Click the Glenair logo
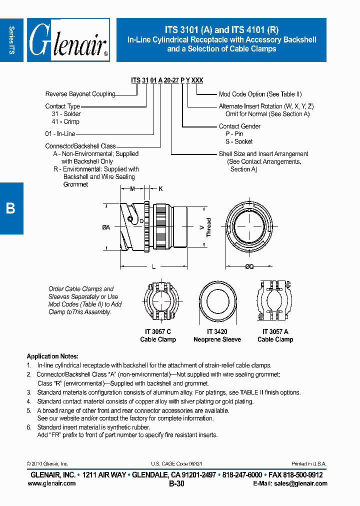click(x=68, y=40)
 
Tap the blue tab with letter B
click(x=11, y=208)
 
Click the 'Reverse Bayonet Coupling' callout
click(x=80, y=94)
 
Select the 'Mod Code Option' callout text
click(x=260, y=94)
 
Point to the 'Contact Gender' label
click(x=239, y=126)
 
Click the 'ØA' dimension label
click(x=106, y=227)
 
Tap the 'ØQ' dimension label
click(x=249, y=267)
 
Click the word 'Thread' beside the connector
click(x=209, y=227)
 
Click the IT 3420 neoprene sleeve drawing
click(x=217, y=302)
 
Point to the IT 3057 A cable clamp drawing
click(x=275, y=302)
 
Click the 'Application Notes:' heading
click(x=52, y=356)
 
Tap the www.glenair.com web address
click(x=51, y=483)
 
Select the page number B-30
click(x=176, y=483)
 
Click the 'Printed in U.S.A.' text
click(x=309, y=464)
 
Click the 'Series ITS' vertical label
click(x=11, y=40)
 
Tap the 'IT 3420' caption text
click(x=217, y=331)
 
